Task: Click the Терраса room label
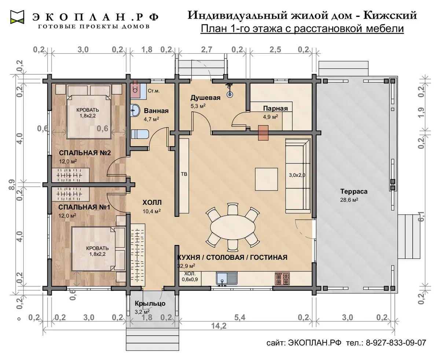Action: click(354, 191)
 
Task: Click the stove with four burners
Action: click(282, 279)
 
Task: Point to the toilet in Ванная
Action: click(140, 134)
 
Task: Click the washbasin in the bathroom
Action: click(135, 110)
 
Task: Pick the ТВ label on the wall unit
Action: click(184, 174)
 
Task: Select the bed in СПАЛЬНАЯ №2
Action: click(89, 117)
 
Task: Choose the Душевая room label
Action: click(205, 98)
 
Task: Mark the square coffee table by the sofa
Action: click(267, 179)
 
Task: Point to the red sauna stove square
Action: click(263, 133)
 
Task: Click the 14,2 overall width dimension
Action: click(219, 326)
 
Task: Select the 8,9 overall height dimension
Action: click(12, 184)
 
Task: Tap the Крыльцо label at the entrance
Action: click(150, 303)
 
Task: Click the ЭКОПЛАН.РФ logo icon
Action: click(17, 17)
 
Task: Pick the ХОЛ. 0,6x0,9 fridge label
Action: click(190, 276)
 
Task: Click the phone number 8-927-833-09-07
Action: click(396, 343)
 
